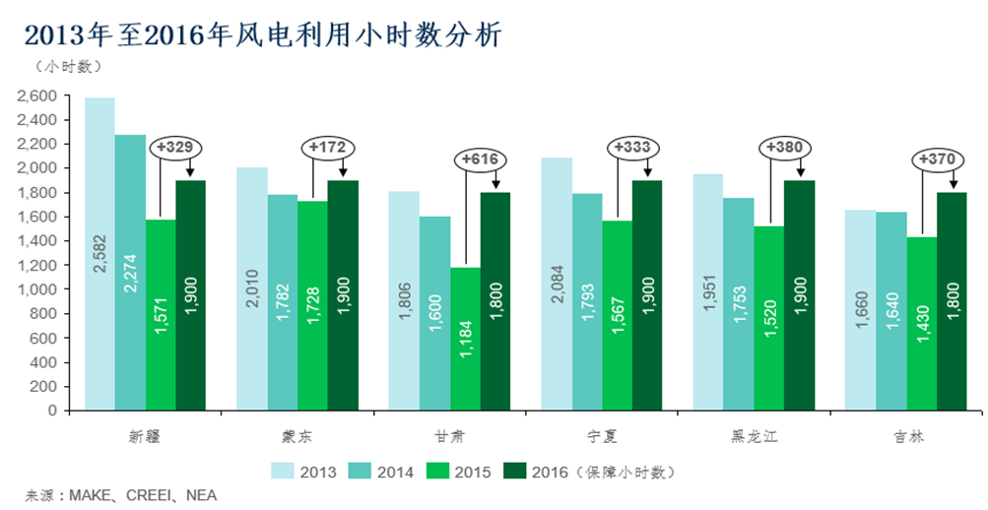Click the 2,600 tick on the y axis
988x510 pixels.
pyautogui.click(x=37, y=96)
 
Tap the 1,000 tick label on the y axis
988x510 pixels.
pyautogui.click(x=37, y=289)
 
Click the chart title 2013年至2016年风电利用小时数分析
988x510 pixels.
pyautogui.click(x=262, y=35)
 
